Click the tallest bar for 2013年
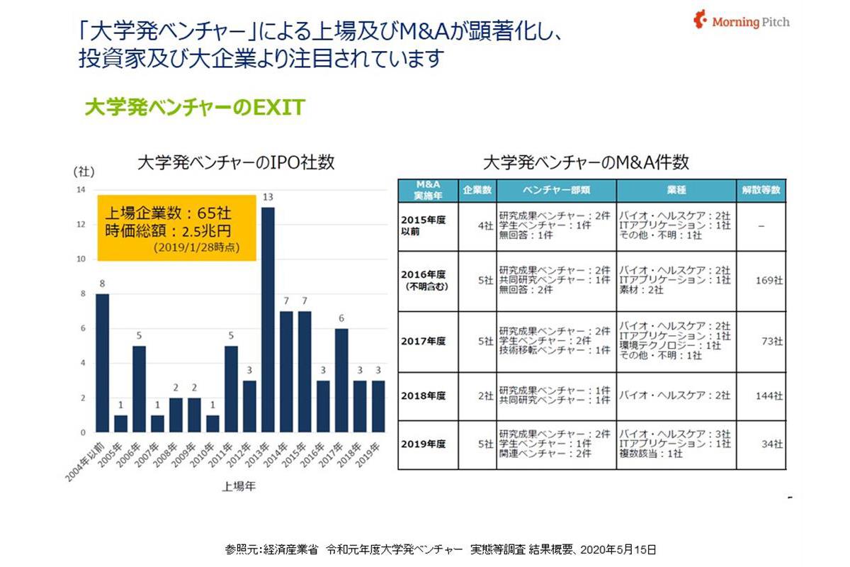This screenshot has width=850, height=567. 268,319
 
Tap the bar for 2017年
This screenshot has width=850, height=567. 341,380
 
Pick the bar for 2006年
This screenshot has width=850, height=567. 140,388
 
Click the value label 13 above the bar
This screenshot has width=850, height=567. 268,197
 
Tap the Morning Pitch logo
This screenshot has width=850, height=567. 742,21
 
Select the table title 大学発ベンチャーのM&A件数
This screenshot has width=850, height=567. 585,162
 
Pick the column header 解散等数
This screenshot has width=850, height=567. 761,191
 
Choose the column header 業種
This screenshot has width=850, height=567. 676,191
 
